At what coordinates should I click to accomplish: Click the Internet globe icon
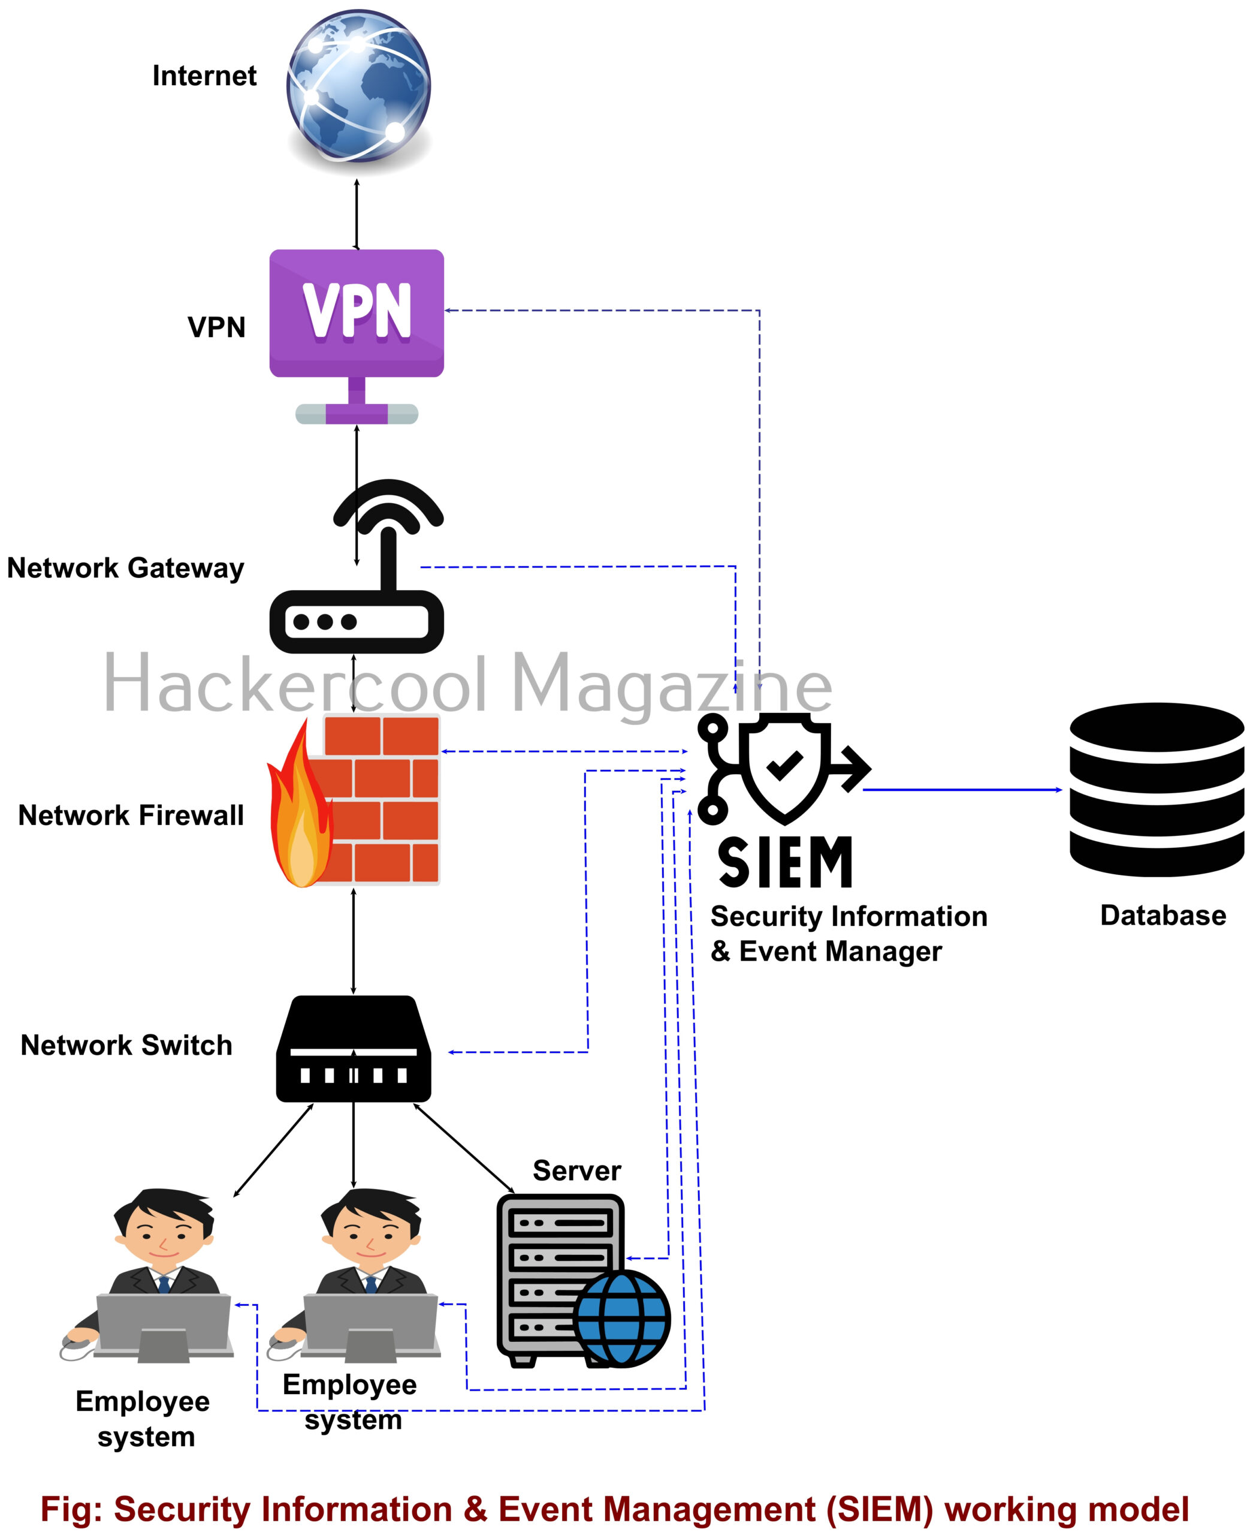[x=358, y=86]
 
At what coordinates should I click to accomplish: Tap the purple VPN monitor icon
[x=357, y=314]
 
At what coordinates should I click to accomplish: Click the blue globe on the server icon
[x=622, y=1317]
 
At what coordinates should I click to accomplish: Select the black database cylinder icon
[x=1157, y=788]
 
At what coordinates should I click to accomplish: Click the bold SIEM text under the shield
[x=785, y=862]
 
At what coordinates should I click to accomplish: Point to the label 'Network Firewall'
[x=131, y=815]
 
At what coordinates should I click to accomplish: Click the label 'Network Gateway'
[x=125, y=568]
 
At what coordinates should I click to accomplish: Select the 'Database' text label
[x=1163, y=916]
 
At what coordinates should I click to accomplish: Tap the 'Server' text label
[x=576, y=1170]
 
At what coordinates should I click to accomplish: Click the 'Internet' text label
[x=204, y=76]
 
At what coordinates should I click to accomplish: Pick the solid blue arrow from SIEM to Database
[x=961, y=790]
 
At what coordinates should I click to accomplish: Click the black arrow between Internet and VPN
[x=357, y=214]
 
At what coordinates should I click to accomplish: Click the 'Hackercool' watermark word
[x=296, y=684]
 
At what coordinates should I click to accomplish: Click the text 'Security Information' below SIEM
[x=849, y=916]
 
